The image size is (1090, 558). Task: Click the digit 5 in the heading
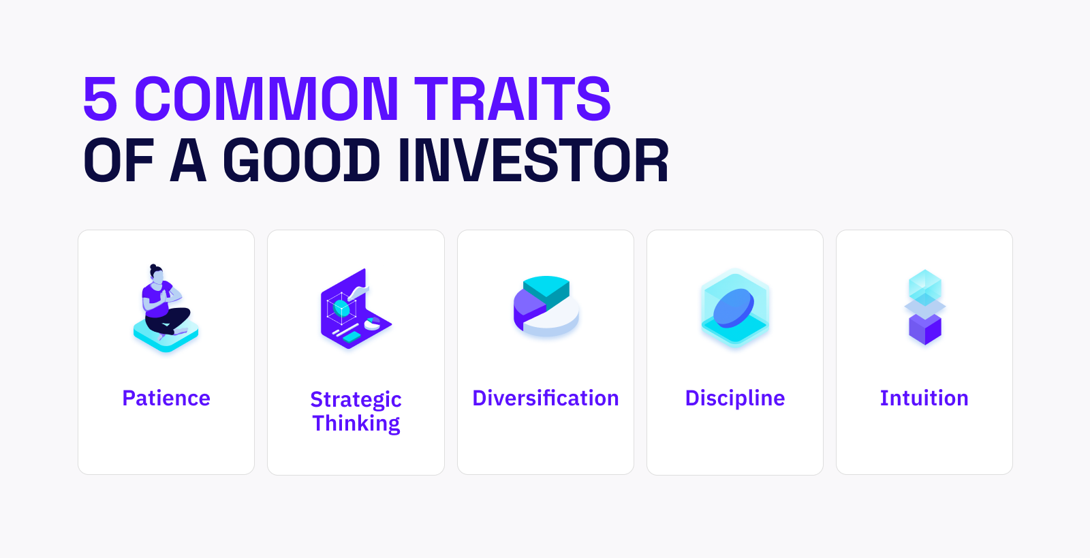(x=100, y=98)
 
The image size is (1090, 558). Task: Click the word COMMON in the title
(x=266, y=98)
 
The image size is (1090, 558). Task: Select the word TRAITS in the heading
(x=513, y=98)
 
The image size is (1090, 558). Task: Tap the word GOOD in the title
(x=301, y=160)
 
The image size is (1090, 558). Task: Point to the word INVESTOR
(x=533, y=160)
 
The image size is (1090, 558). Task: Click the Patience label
(x=166, y=398)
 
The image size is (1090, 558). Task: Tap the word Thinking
(x=356, y=423)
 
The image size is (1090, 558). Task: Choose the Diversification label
(x=546, y=398)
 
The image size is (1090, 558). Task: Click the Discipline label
(x=735, y=399)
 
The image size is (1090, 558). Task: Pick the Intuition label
(x=924, y=398)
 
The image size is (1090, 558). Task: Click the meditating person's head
(x=157, y=274)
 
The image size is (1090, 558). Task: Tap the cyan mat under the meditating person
(x=166, y=336)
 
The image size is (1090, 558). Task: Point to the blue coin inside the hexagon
(x=733, y=308)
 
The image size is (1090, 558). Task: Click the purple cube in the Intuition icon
(x=925, y=329)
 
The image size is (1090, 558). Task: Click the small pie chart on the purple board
(x=372, y=324)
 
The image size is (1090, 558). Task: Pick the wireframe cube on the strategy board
(x=341, y=309)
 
